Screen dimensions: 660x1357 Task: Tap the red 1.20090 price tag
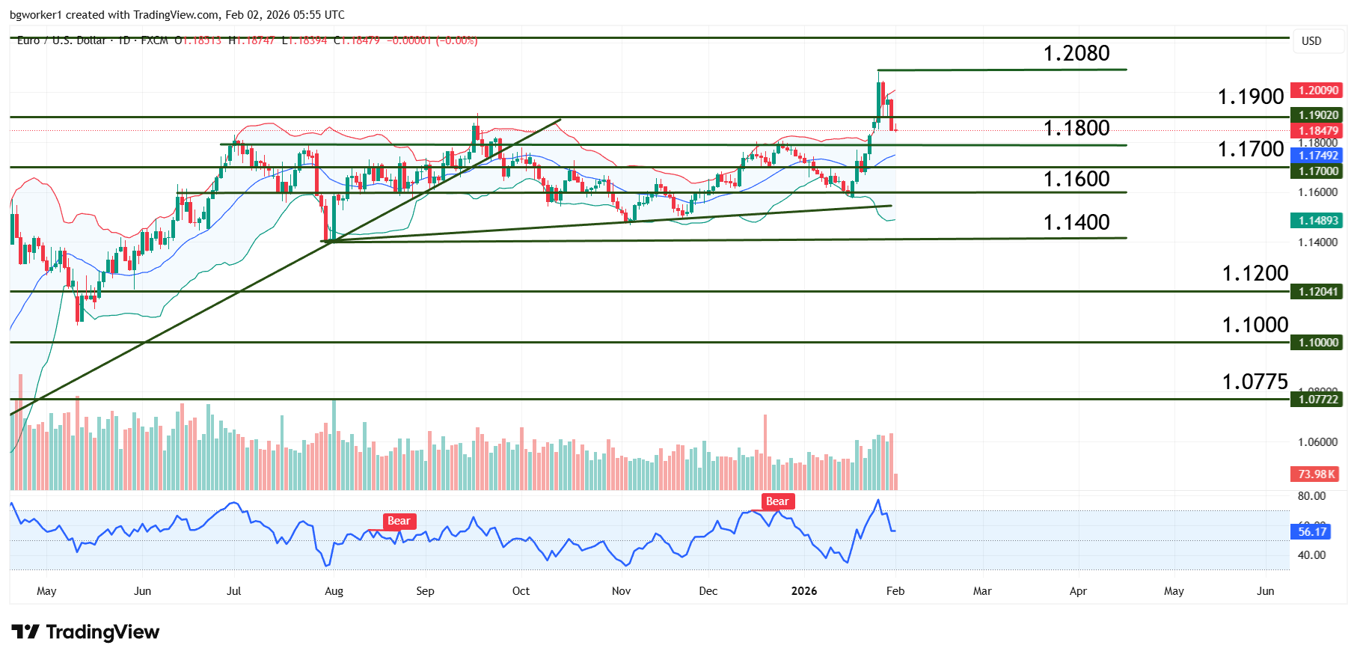tap(1317, 91)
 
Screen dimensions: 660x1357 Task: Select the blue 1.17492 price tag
tap(1317, 156)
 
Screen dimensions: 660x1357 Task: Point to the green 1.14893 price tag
tap(1317, 221)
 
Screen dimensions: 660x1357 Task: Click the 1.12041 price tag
tap(1317, 292)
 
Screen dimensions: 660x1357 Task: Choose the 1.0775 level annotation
tap(1255, 382)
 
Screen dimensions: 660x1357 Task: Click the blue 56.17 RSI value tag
tap(1311, 532)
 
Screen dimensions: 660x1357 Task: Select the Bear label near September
tap(399, 522)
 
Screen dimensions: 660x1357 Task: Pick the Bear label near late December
tap(777, 502)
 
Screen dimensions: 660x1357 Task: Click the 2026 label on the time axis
tap(804, 591)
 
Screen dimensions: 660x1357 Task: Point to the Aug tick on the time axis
tap(334, 591)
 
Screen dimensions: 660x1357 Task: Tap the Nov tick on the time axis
tap(621, 591)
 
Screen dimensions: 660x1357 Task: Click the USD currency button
tap(1311, 41)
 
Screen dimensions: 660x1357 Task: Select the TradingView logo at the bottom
tap(85, 632)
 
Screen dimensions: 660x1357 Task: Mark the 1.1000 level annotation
tap(1255, 325)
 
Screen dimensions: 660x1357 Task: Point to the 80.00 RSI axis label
tap(1311, 496)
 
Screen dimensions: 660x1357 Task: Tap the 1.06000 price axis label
tap(1317, 442)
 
